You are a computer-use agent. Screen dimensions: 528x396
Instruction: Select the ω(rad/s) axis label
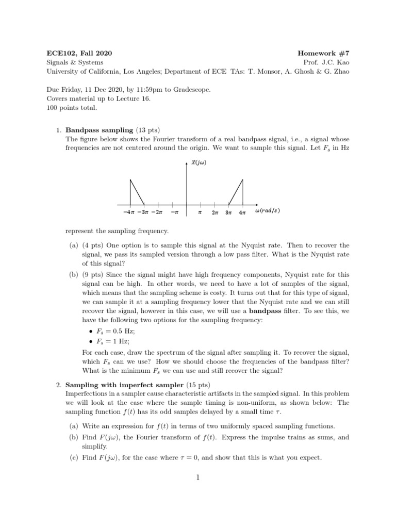click(268, 211)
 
